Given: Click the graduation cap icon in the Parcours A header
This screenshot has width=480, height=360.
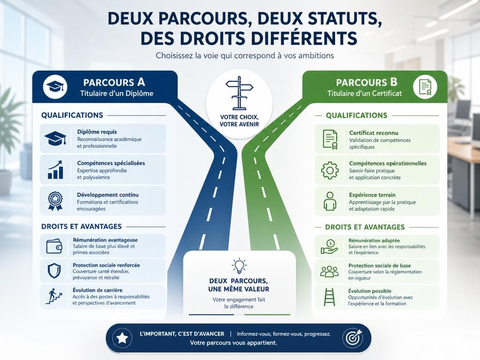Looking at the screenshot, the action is (x=55, y=87).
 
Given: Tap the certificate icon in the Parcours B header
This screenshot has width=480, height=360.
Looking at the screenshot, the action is (x=425, y=87).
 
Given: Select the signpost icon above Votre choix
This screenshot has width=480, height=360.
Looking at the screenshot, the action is (x=239, y=93).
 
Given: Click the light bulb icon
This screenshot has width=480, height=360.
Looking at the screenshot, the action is (x=239, y=266).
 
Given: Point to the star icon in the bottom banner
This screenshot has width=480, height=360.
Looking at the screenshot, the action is (x=122, y=338).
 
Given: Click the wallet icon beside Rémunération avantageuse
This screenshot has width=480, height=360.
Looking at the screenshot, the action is (x=54, y=246).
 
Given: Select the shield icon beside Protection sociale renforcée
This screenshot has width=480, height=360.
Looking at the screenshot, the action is (x=54, y=270).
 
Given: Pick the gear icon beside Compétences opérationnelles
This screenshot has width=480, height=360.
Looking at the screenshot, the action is (x=330, y=170).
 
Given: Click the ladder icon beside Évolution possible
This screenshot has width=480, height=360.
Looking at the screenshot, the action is (x=330, y=297).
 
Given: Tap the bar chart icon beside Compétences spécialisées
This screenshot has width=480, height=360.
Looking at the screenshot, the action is (x=55, y=170).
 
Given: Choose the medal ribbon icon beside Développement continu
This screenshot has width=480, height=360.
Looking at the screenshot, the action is (x=55, y=201).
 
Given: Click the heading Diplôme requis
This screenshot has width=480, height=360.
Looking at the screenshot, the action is (x=97, y=132).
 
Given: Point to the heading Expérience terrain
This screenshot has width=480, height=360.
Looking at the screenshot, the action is (x=372, y=195).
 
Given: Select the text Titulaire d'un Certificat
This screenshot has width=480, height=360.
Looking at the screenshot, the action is (x=365, y=93).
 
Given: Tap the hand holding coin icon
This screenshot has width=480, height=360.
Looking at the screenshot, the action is (x=330, y=247).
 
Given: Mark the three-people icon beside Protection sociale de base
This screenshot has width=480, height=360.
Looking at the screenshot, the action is (x=330, y=271).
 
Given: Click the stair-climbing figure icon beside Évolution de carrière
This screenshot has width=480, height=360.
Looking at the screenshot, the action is (x=54, y=296).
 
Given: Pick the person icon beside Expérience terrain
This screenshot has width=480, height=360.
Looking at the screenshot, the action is (x=330, y=201).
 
